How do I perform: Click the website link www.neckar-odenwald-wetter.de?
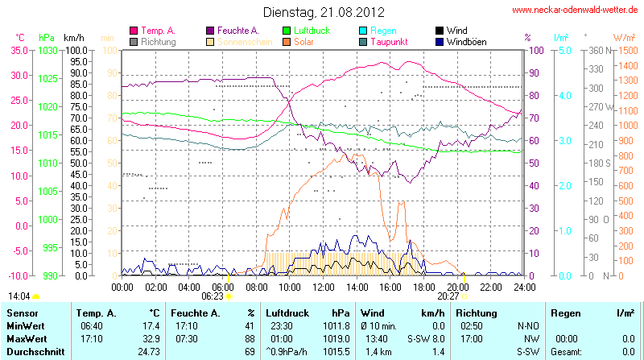(x=576, y=10)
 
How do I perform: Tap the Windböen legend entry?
(x=467, y=41)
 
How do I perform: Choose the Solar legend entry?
(x=303, y=41)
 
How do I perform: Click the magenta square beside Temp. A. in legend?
(x=134, y=31)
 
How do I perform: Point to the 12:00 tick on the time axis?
(x=324, y=287)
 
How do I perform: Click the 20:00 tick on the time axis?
(x=457, y=287)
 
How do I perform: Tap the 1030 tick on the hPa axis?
(x=47, y=50)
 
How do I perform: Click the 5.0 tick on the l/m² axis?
(x=564, y=50)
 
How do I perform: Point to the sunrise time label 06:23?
(x=213, y=296)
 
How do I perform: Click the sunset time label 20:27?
(x=448, y=296)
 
